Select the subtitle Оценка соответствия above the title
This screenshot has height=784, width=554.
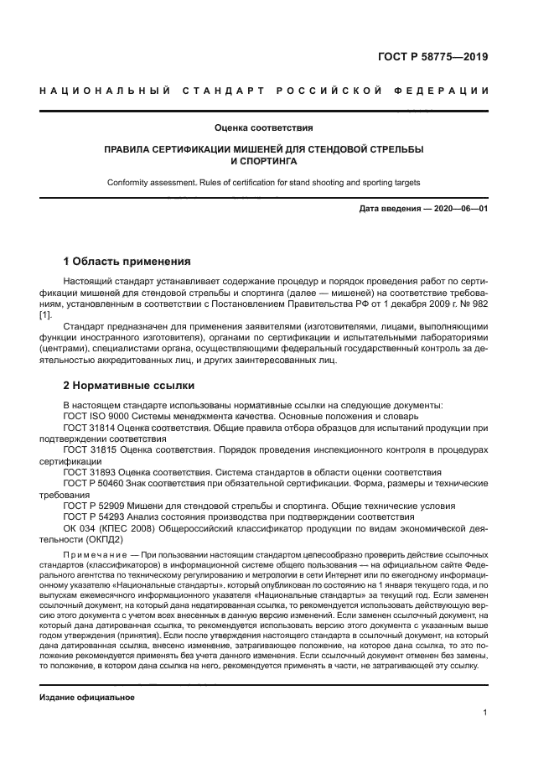coord(263,128)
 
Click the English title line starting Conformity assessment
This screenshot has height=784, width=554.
coord(263,182)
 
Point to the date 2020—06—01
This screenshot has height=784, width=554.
coord(460,208)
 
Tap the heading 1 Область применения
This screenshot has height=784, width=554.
coord(127,261)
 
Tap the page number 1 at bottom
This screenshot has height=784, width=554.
coord(485,713)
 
